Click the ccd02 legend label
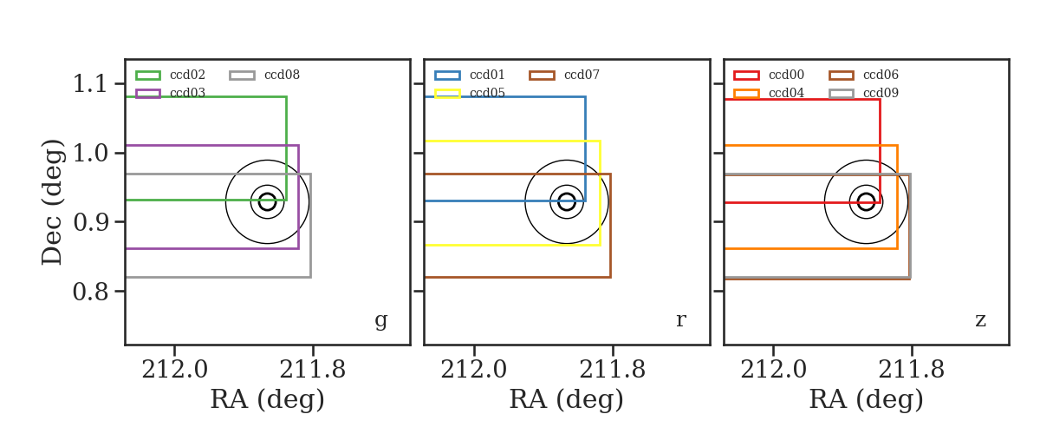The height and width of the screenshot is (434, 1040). (187, 75)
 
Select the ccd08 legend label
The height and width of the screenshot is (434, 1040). (282, 75)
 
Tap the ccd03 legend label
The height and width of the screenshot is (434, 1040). (187, 93)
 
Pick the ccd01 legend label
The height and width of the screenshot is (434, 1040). (487, 75)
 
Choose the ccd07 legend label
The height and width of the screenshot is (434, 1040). (582, 75)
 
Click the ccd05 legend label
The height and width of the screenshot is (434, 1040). (487, 93)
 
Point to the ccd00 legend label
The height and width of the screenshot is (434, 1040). (787, 75)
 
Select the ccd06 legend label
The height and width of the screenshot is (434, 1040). (881, 75)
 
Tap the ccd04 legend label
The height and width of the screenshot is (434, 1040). (787, 93)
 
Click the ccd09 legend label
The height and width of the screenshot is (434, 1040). (881, 93)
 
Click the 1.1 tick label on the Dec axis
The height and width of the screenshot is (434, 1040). (90, 84)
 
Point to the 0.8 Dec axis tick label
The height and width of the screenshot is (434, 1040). (90, 292)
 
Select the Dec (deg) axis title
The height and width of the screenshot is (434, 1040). (52, 202)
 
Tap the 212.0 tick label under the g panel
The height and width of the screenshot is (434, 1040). (174, 370)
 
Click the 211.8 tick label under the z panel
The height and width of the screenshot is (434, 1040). (912, 370)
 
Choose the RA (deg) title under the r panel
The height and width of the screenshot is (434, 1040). (567, 399)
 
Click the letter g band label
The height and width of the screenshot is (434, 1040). (380, 321)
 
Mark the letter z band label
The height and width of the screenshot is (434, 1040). (980, 320)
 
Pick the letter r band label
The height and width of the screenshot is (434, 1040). (681, 320)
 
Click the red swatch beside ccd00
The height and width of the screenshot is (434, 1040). (746, 76)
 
